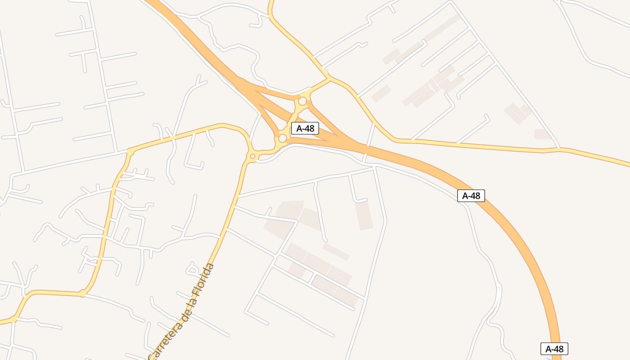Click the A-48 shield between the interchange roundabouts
305,128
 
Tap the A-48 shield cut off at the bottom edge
554,349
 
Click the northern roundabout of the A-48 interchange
302,101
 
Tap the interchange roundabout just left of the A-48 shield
283,138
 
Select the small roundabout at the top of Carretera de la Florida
252,156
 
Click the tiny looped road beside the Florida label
193,269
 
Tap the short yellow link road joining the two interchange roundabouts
293,119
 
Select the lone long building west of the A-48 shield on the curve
364,215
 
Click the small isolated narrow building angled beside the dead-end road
336,252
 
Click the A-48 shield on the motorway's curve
471,196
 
